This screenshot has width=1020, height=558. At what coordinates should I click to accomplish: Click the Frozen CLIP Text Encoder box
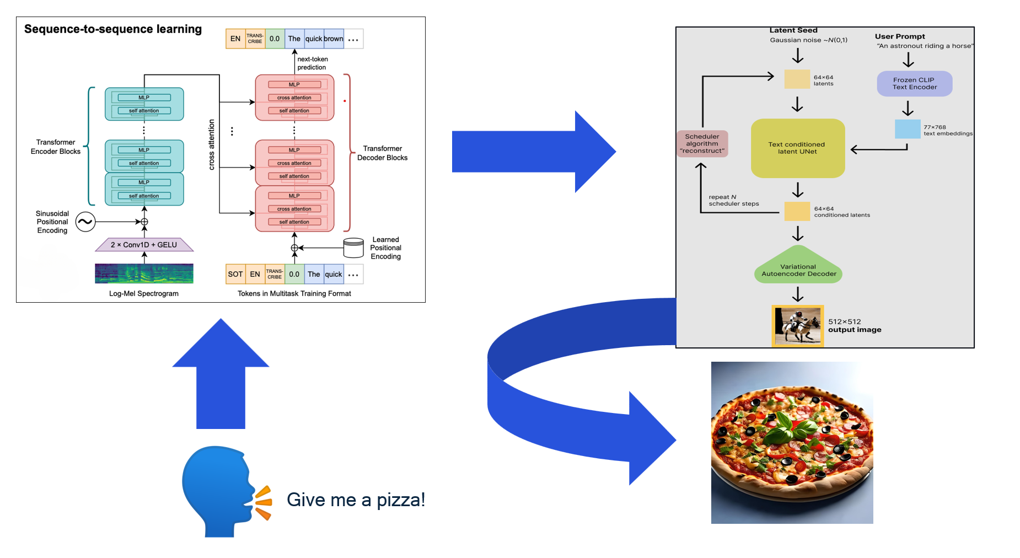[914, 83]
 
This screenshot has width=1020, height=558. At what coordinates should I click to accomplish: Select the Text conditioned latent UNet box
[797, 148]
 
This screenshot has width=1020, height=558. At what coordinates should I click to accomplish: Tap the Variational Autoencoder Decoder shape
[798, 268]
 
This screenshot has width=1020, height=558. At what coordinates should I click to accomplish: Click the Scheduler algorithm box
[702, 143]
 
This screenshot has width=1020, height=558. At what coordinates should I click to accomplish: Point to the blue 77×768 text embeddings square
[908, 129]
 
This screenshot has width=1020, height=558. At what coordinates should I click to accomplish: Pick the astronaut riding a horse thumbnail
[797, 326]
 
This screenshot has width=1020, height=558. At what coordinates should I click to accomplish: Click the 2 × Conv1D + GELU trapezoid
[144, 245]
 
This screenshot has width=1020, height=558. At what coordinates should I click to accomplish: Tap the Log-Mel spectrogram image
[144, 273]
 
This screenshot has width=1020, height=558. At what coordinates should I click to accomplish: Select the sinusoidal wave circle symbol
[85, 222]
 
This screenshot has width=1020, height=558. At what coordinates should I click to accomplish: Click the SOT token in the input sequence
[235, 274]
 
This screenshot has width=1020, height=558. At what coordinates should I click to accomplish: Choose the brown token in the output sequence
[334, 39]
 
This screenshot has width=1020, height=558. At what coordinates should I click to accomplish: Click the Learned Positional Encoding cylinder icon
[353, 248]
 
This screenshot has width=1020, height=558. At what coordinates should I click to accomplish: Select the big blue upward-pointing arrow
[221, 375]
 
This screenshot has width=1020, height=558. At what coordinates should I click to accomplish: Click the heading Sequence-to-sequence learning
[113, 29]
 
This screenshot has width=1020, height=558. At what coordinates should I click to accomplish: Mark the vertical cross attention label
[212, 144]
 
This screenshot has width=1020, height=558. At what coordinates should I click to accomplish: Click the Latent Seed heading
[793, 30]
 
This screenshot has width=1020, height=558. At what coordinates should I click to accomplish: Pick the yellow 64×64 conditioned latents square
[797, 211]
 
